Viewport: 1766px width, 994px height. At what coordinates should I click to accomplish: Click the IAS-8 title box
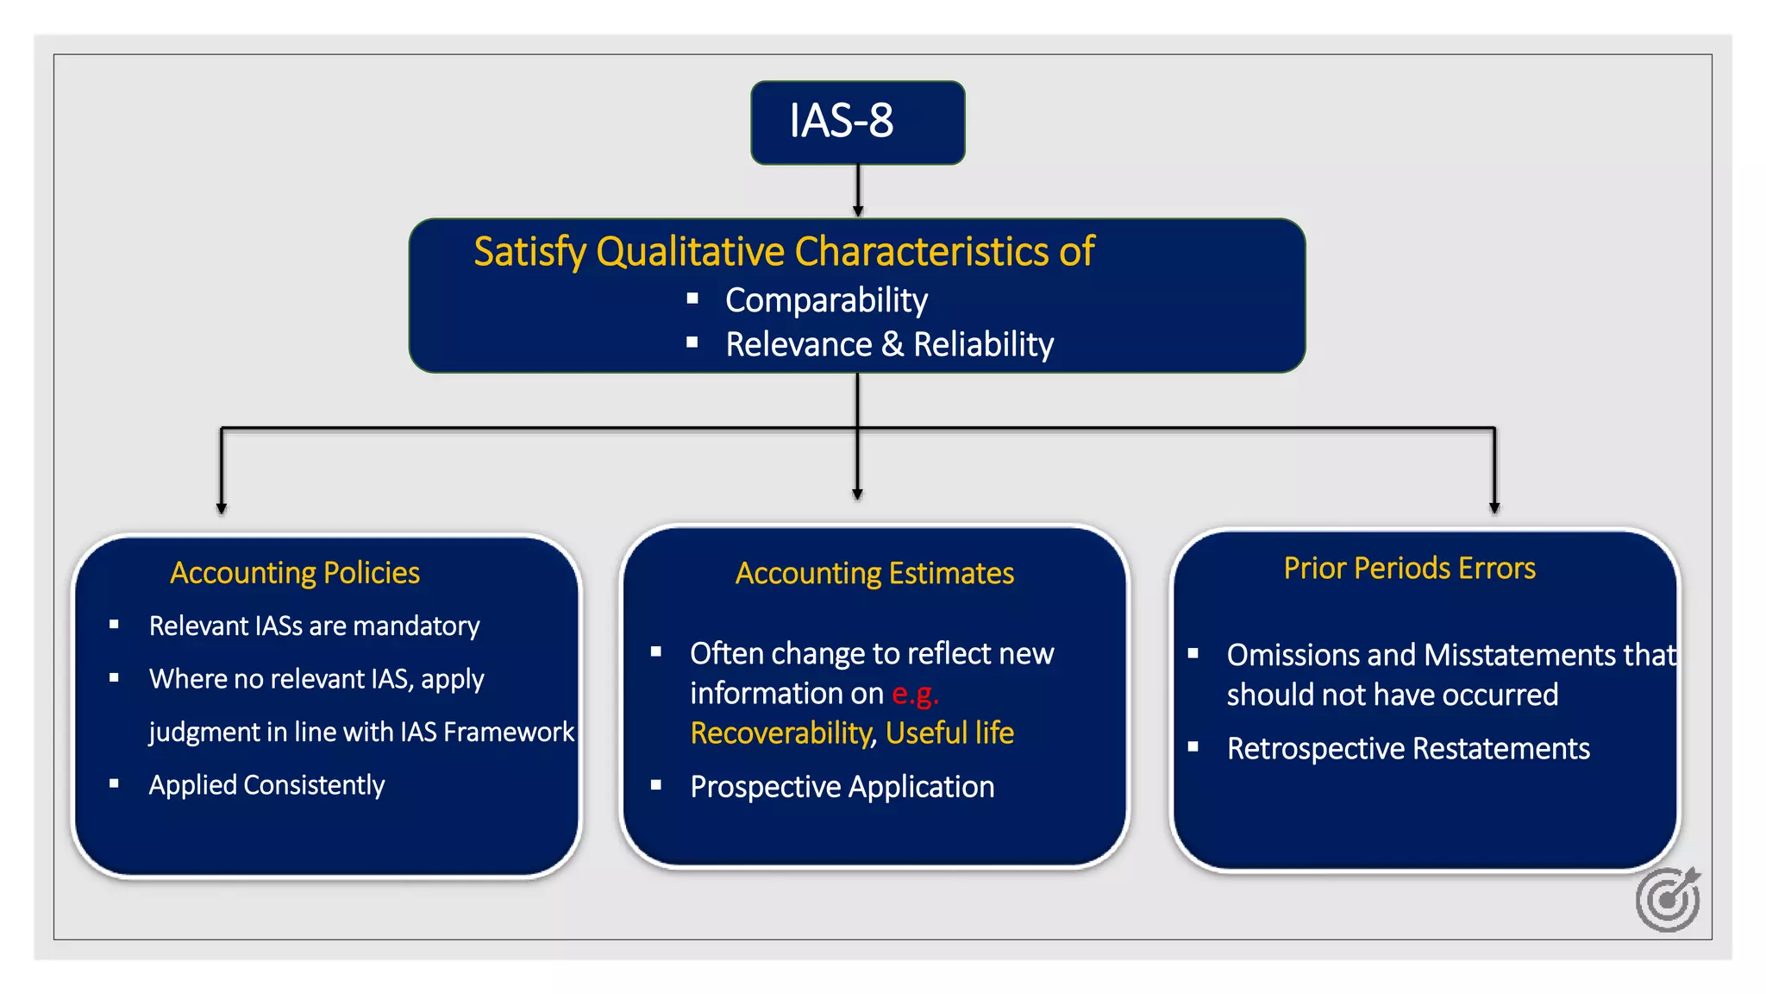point(857,122)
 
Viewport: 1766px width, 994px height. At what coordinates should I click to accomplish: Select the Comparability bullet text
point(825,300)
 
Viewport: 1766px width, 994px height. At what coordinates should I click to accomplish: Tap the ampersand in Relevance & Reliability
point(892,344)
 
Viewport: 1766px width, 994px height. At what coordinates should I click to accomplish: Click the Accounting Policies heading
point(294,573)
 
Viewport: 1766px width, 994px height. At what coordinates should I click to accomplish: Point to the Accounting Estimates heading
point(874,573)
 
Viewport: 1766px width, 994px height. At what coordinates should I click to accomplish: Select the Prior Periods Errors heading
point(1409,569)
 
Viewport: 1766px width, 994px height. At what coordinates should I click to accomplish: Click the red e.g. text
point(914,694)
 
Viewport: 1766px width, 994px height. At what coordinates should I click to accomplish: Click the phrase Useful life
point(949,733)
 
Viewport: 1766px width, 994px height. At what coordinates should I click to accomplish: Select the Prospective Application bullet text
point(842,787)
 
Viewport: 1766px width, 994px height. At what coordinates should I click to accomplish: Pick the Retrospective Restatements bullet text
point(1407,749)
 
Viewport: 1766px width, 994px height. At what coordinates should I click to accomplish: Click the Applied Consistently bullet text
point(266,785)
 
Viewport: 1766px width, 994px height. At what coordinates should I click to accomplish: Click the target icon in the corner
point(1668,900)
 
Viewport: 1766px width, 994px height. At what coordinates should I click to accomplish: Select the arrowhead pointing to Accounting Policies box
point(222,508)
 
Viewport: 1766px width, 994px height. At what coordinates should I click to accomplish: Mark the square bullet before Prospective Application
point(656,785)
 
